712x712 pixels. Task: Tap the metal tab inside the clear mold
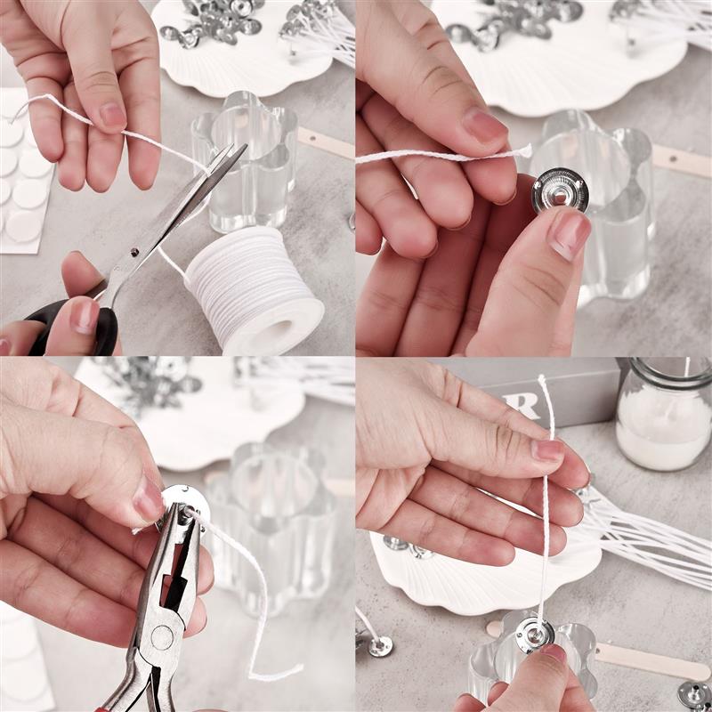[535, 633]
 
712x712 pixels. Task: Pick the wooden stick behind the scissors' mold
[325, 142]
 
